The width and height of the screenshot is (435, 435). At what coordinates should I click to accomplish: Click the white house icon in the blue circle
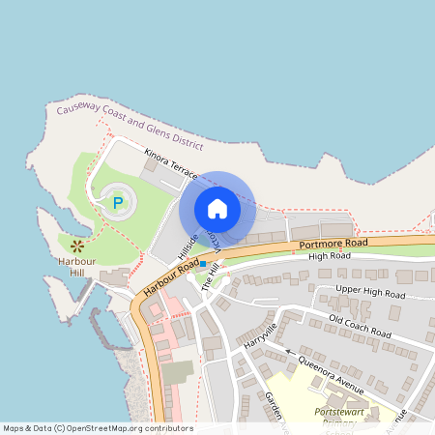(x=217, y=209)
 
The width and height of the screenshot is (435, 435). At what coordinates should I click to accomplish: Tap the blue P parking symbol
(x=118, y=203)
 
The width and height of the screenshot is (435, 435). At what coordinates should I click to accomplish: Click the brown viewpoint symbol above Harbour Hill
(x=76, y=246)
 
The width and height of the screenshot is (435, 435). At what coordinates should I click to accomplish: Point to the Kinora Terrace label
(x=170, y=163)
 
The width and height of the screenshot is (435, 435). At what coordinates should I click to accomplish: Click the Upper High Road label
(x=369, y=292)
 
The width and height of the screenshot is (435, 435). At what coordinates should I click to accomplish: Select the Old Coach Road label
(x=359, y=326)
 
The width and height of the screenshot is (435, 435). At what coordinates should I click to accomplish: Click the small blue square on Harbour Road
(x=204, y=263)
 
